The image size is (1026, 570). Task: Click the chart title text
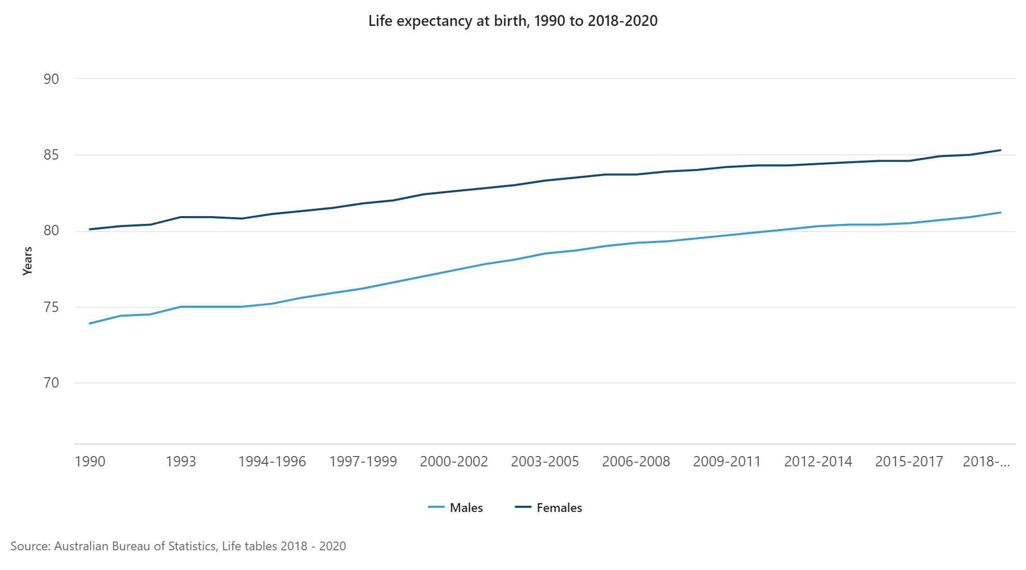512,21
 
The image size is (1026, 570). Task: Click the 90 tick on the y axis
51,79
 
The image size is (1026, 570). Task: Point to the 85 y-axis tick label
51,155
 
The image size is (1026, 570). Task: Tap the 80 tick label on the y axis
51,231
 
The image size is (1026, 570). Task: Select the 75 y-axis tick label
51,307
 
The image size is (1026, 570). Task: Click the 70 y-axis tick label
51,383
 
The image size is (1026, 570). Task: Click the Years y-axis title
27,261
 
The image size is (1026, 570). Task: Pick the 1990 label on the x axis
90,461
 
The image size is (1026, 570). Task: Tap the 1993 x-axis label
181,461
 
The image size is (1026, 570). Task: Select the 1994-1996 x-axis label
272,461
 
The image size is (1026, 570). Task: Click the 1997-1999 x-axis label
363,461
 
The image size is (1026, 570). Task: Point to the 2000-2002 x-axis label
454,461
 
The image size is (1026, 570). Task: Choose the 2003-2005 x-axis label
545,461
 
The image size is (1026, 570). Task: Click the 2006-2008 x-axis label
636,461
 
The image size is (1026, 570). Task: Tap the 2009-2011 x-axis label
727,461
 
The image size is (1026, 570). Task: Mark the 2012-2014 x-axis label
818,461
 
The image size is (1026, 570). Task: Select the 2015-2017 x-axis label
909,461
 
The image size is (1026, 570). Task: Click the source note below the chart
178,546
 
